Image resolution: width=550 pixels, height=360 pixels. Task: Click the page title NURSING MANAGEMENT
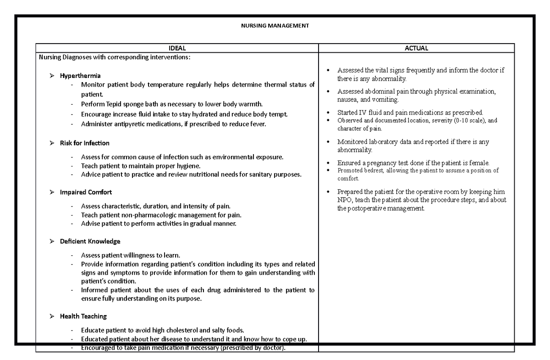click(x=275, y=26)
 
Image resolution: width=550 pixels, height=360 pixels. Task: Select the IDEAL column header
click(x=177, y=48)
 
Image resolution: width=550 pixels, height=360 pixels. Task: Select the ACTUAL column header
click(x=416, y=48)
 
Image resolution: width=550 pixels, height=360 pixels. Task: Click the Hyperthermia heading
click(x=80, y=76)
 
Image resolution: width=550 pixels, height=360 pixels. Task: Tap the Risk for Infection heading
click(x=84, y=143)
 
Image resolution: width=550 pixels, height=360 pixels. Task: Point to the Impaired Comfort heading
click(x=86, y=192)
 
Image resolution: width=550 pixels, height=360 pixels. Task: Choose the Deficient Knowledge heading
click(x=90, y=241)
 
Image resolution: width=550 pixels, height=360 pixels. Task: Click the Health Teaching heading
click(x=83, y=316)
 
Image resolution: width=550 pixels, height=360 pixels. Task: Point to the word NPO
click(x=345, y=200)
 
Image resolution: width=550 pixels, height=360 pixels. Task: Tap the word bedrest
click(x=373, y=171)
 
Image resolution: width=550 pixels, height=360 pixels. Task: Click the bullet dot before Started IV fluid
click(x=328, y=113)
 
